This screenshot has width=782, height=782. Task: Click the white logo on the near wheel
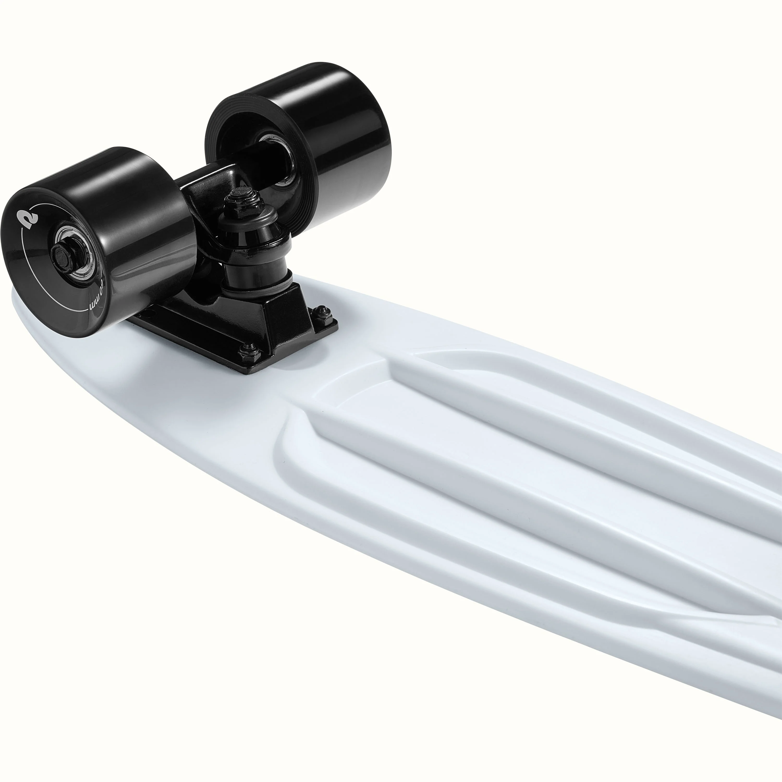coord(29,219)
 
